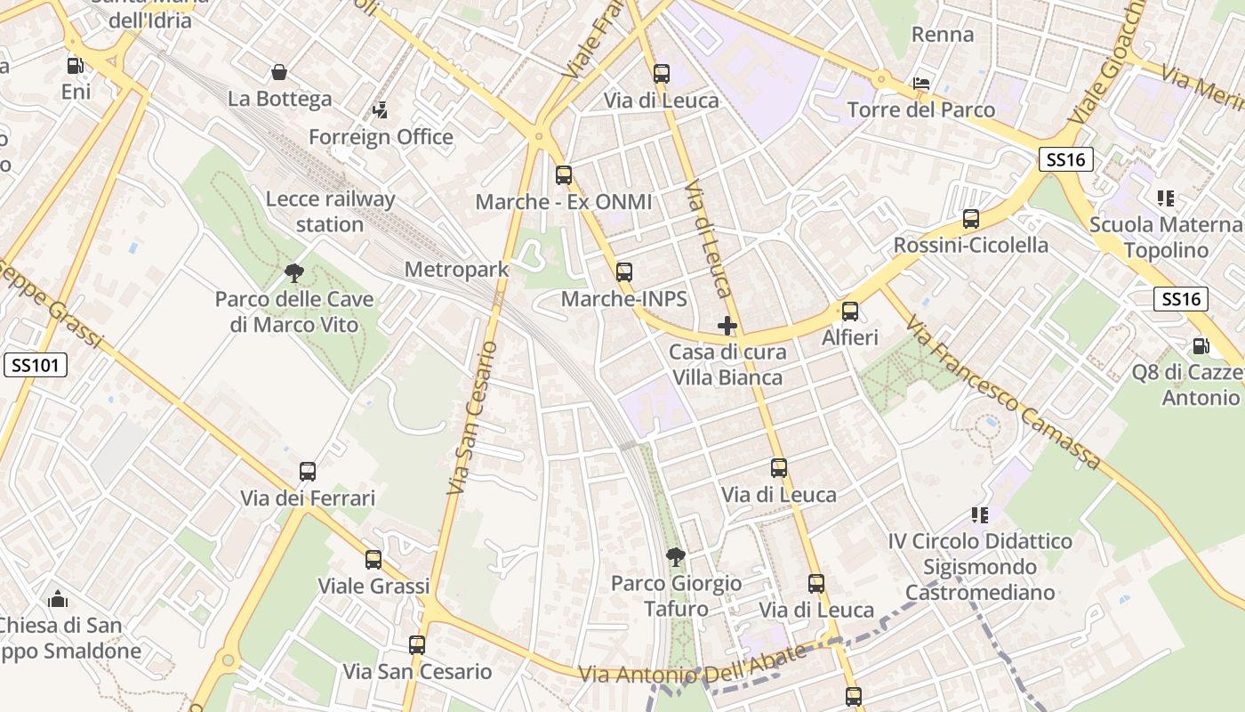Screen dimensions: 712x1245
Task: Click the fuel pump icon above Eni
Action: tap(76, 65)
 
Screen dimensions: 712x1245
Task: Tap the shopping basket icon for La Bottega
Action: tap(279, 72)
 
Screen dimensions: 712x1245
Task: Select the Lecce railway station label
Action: tap(329, 212)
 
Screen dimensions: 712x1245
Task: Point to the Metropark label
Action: tap(456, 269)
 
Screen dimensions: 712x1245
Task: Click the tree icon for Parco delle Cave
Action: tap(294, 272)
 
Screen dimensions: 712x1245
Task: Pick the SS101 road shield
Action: tap(36, 365)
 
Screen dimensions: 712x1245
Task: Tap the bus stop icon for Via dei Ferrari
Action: tap(308, 472)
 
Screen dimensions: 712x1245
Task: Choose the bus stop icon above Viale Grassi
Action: tap(373, 560)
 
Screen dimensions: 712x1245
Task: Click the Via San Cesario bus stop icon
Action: tap(417, 645)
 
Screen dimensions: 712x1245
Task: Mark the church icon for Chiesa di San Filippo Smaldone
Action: tap(58, 599)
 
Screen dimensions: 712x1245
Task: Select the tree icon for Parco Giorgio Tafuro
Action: tap(676, 557)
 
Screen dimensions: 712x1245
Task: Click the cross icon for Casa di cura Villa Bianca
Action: tap(727, 326)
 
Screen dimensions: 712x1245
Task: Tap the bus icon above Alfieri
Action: tap(850, 311)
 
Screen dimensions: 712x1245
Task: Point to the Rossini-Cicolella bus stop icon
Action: tap(971, 219)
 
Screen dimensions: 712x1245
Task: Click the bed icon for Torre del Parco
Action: tap(921, 84)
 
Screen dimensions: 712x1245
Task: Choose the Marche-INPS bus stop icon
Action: tap(624, 272)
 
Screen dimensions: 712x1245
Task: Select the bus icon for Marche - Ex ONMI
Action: tap(564, 175)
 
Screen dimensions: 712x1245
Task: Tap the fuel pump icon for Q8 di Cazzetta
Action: tap(1201, 346)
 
